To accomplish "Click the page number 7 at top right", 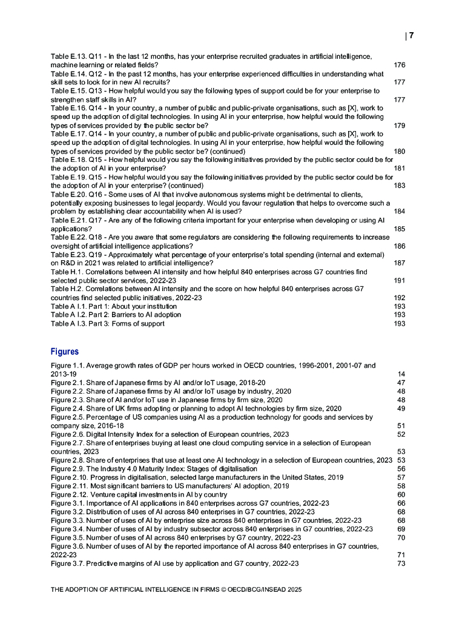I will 411,36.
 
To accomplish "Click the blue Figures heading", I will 65,352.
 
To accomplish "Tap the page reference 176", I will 399,65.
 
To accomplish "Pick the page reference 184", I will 399,211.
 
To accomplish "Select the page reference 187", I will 399,263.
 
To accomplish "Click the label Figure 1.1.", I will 67,366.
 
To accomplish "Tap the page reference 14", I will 401,374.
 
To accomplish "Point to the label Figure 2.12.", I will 70,495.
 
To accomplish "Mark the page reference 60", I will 401,495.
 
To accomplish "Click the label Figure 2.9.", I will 67,469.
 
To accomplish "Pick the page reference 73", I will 401,563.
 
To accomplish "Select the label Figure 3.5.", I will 67,538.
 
